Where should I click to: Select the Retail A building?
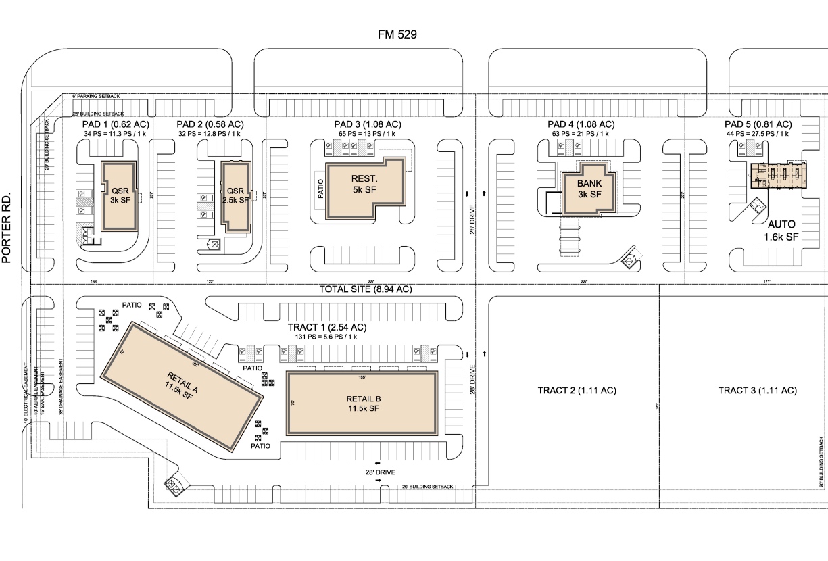coord(180,386)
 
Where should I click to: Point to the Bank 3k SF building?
coord(589,189)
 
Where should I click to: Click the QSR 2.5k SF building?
coord(235,195)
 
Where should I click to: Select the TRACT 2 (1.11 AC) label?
coord(577,391)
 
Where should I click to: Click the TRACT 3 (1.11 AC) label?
coord(757,391)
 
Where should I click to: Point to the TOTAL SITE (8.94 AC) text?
coord(365,289)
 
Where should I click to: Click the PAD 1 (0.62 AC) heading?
coord(111,124)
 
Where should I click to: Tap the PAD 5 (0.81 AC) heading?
coord(758,124)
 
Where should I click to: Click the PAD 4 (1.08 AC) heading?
coord(581,124)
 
